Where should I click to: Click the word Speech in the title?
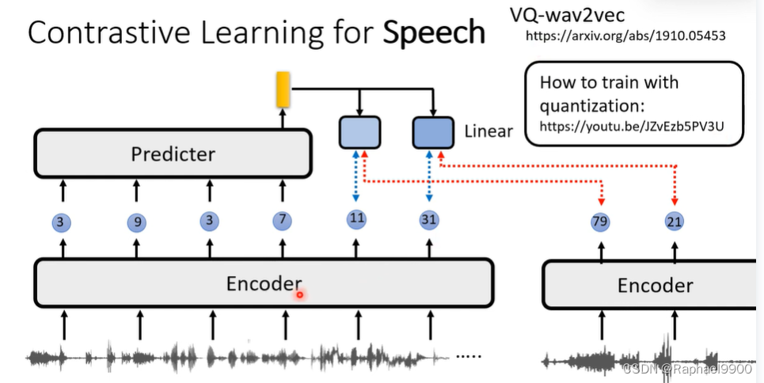(434, 32)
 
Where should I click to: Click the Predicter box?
(172, 154)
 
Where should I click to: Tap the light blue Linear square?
(359, 132)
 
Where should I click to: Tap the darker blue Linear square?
(432, 132)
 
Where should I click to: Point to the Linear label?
(488, 131)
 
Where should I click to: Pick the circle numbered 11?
(356, 218)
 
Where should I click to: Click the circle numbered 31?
(429, 219)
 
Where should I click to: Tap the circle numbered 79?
(600, 222)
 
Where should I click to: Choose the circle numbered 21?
(674, 222)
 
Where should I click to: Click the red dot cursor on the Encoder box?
(300, 294)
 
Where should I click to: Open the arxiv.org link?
(625, 36)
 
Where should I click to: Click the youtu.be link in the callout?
(632, 126)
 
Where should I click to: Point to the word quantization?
(585, 105)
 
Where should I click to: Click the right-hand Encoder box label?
(655, 286)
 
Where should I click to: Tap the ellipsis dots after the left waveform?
(469, 356)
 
